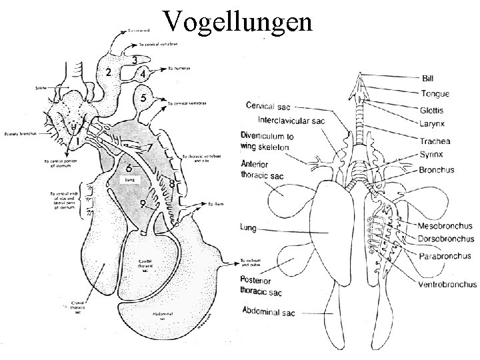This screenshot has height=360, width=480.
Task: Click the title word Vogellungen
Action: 238,21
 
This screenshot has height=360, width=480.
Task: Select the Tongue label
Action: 434,94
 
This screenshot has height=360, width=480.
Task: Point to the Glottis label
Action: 433,110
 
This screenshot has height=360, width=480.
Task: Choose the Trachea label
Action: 436,141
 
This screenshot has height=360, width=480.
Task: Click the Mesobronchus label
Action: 445,225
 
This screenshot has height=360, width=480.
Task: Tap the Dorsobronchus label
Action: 446,239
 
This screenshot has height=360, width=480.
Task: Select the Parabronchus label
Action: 445,256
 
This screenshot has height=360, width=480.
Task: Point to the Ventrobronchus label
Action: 447,285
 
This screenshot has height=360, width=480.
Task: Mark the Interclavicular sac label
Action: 285,121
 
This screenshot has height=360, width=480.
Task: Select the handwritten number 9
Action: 143,203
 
